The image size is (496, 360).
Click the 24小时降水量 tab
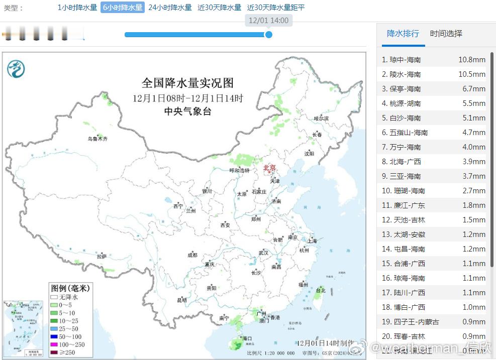click(x=170, y=8)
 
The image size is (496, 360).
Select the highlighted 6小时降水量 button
click(x=123, y=8)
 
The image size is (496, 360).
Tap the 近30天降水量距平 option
click(x=276, y=8)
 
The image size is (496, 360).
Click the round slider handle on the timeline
click(x=269, y=35)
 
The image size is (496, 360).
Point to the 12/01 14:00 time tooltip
click(x=269, y=21)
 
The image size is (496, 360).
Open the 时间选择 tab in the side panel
click(x=446, y=34)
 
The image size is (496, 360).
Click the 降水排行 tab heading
click(x=403, y=34)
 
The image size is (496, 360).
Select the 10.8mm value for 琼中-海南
click(x=471, y=60)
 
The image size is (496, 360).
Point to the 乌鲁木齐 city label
click(x=97, y=139)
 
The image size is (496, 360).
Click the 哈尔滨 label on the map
click(x=321, y=118)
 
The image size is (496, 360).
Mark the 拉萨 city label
click(x=102, y=256)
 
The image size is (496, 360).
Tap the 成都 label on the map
click(x=192, y=255)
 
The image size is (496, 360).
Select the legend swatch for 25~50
click(x=54, y=328)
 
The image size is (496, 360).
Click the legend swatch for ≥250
click(x=54, y=352)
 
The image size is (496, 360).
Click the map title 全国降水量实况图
click(x=187, y=83)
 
